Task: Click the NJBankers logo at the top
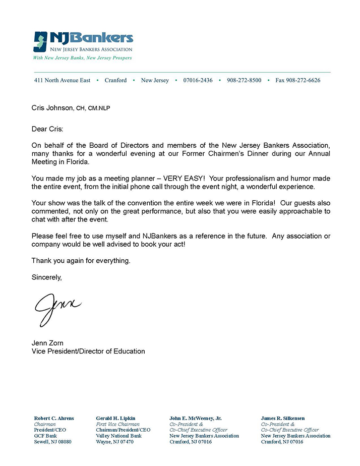[83, 41]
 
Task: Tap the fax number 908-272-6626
[297, 80]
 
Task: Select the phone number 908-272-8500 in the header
[244, 80]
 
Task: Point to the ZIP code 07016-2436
[198, 80]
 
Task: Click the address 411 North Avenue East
[63, 80]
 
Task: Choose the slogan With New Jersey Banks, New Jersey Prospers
[82, 58]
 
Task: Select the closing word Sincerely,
[46, 277]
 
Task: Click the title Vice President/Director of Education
[88, 351]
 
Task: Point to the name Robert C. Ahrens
[54, 418]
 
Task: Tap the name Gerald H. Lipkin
[115, 418]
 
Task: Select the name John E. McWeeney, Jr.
[196, 418]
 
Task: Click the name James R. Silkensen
[283, 418]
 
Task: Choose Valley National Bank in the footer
[118, 436]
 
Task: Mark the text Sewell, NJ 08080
[53, 442]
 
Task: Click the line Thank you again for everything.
[81, 261]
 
